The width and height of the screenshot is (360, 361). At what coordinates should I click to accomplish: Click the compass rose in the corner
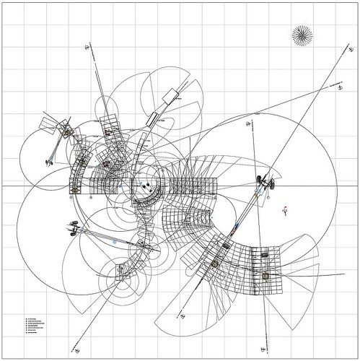tap(302, 34)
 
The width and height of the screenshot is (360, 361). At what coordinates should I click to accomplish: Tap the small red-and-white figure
tap(285, 210)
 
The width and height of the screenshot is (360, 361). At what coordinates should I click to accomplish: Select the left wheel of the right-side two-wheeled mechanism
tap(258, 179)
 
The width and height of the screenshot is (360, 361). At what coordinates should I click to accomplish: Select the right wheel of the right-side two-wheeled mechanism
tap(273, 181)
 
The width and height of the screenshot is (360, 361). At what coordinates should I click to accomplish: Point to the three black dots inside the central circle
tap(145, 187)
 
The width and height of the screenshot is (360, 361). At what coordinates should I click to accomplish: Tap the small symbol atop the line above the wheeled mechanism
tap(248, 125)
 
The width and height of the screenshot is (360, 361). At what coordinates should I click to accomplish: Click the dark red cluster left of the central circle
tap(107, 164)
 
